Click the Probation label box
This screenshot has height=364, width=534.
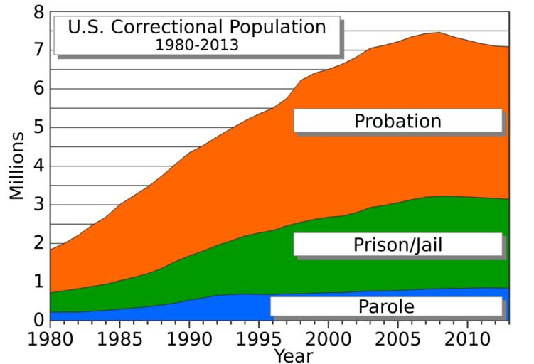click(x=397, y=121)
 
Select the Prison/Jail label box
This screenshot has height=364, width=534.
click(x=397, y=245)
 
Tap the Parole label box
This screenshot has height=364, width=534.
click(x=385, y=306)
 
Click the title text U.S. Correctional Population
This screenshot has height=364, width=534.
click(x=197, y=28)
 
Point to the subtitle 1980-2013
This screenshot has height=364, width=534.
click(x=197, y=45)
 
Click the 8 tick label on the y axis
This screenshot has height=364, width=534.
click(x=38, y=12)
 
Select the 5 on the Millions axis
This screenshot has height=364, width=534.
click(x=38, y=128)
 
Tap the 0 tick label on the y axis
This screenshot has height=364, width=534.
click(x=38, y=321)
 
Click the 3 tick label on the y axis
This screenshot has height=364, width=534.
click(x=38, y=205)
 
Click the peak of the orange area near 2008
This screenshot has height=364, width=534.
click(x=439, y=33)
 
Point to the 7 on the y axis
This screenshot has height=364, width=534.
click(x=38, y=50)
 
